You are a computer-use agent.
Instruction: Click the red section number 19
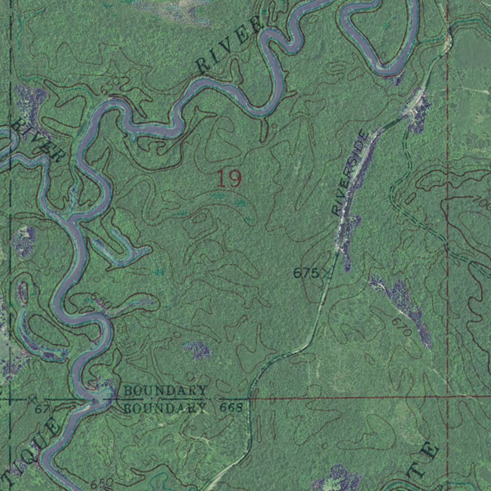(229, 178)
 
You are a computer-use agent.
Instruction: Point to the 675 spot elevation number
(305, 273)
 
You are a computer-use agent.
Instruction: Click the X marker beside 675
(327, 273)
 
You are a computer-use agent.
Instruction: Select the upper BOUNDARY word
(165, 390)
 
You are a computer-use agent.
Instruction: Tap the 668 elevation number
(232, 408)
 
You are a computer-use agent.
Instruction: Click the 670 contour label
(401, 327)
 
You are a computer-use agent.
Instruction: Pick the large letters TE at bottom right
(423, 461)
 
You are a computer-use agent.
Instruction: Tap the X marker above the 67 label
(32, 398)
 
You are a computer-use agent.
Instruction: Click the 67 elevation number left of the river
(42, 409)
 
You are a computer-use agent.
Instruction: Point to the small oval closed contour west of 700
(411, 198)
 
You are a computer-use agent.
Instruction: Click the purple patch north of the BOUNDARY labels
(197, 351)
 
